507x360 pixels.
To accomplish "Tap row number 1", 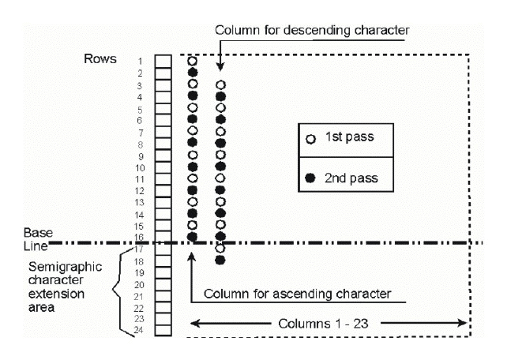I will click(140, 61).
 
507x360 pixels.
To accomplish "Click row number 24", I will click(138, 332).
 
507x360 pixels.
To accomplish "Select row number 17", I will click(138, 249).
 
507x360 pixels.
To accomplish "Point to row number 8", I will click(140, 144).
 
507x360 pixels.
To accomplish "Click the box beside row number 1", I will click(163, 61).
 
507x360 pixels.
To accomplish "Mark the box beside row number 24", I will click(163, 331).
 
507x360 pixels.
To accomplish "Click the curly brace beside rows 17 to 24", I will click(119, 290).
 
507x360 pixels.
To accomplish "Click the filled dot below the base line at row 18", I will click(220, 260).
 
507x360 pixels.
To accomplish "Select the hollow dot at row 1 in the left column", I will click(192, 61).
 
